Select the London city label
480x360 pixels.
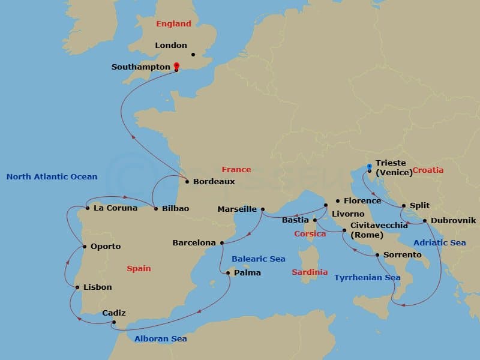click(171, 46)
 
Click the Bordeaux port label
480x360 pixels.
click(214, 181)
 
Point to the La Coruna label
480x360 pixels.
click(115, 208)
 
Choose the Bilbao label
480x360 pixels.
click(176, 208)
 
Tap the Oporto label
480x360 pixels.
click(106, 247)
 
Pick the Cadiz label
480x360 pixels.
click(114, 313)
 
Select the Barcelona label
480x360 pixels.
click(194, 243)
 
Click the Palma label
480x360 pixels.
click(248, 273)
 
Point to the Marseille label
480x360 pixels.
click(237, 209)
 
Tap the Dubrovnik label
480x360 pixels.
click(453, 220)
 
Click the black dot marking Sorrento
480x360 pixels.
click(377, 255)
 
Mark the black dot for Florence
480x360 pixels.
click(338, 201)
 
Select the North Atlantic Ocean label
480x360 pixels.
click(52, 177)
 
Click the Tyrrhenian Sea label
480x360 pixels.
click(367, 278)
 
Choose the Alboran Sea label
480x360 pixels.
click(160, 339)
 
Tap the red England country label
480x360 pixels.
click(173, 24)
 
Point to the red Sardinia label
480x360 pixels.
click(310, 272)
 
